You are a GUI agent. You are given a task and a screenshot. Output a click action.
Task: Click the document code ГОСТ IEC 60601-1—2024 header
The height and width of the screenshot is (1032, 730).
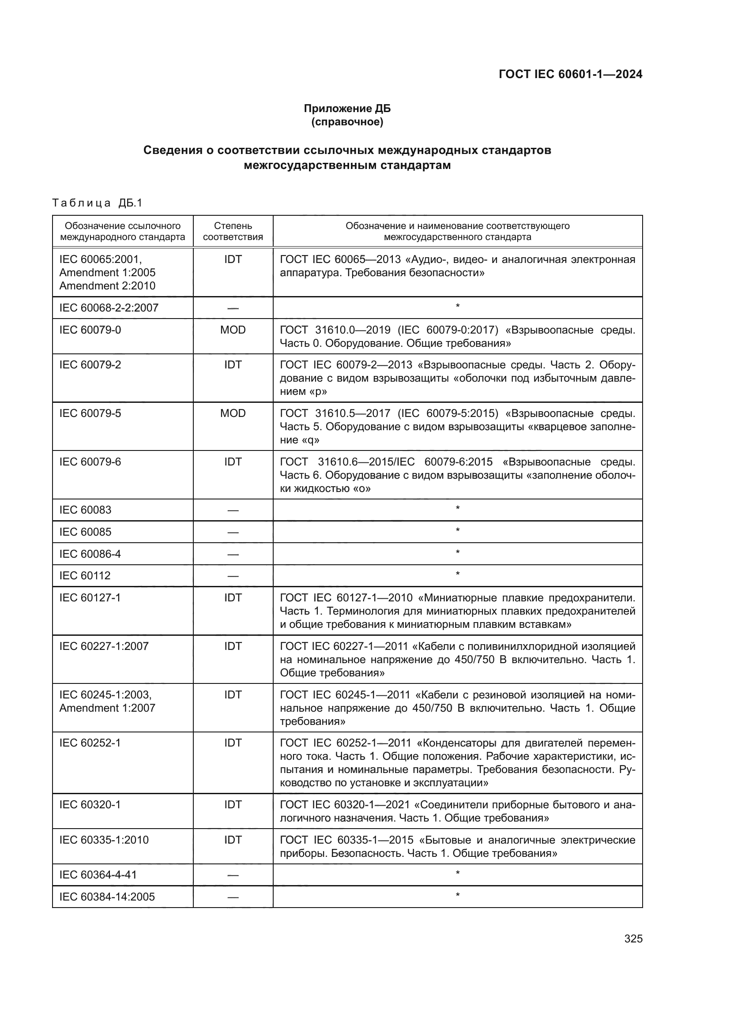click(570, 74)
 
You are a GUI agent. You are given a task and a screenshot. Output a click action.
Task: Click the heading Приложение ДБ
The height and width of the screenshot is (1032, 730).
click(347, 109)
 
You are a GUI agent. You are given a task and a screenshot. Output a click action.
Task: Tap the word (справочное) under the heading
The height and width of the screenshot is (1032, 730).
click(347, 122)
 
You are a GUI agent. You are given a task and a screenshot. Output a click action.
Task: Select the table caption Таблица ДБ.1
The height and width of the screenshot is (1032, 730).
click(97, 203)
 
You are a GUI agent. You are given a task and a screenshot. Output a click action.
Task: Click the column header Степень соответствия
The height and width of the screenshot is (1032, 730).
click(233, 231)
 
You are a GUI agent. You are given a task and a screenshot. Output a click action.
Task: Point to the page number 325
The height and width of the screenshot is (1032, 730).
click(633, 938)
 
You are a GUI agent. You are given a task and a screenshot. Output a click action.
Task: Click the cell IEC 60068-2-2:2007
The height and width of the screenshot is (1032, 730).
click(109, 308)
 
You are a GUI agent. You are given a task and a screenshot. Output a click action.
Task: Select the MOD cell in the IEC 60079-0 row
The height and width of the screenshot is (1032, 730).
click(233, 330)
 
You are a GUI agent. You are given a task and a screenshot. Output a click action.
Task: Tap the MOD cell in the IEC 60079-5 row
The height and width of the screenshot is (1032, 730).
click(233, 413)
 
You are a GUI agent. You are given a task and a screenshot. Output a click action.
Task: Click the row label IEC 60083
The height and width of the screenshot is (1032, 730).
click(86, 510)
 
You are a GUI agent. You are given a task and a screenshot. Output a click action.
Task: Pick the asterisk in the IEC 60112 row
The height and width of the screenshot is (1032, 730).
click(458, 574)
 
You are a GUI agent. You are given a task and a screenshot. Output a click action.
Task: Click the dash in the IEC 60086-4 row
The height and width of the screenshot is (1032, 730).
click(233, 554)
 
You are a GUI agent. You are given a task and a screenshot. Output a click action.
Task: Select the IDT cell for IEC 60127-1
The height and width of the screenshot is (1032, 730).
click(233, 598)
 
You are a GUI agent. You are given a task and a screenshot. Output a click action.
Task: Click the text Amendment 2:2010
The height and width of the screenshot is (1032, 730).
click(107, 286)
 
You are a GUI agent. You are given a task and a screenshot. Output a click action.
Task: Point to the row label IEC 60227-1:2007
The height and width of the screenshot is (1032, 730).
click(104, 646)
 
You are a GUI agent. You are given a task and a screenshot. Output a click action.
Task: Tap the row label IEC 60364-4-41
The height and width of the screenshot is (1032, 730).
click(98, 874)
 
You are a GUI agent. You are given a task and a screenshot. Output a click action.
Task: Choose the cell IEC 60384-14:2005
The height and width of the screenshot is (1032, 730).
click(107, 897)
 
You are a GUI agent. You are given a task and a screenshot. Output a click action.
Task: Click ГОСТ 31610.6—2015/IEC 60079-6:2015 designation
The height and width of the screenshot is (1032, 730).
click(386, 462)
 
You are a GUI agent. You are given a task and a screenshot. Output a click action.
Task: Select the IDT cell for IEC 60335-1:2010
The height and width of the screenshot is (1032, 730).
click(233, 840)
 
